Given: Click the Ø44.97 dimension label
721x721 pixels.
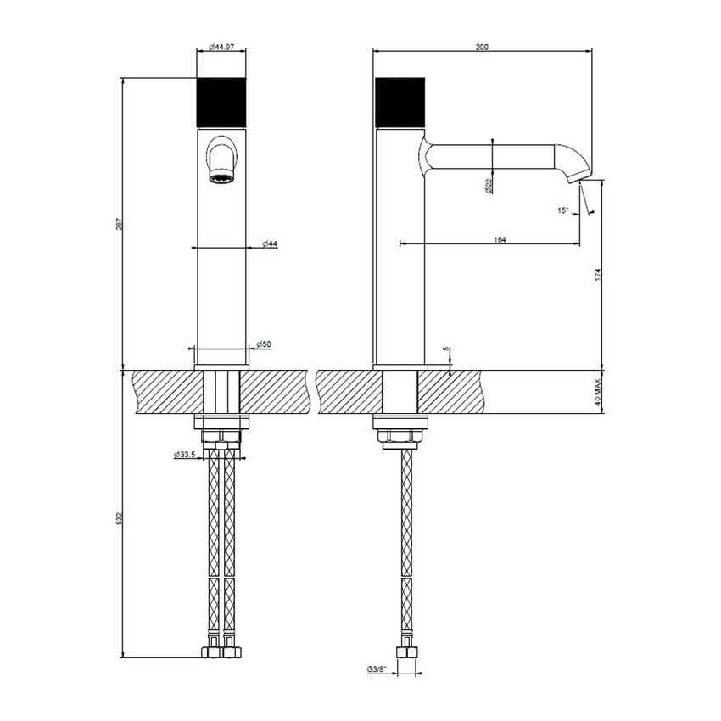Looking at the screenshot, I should [x=223, y=48].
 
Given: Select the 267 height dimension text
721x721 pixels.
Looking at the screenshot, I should [x=120, y=224].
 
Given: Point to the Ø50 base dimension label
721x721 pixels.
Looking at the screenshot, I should [x=263, y=344].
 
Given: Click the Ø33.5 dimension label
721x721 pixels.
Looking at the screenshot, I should [x=186, y=455].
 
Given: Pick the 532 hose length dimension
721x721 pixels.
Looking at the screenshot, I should [x=120, y=517].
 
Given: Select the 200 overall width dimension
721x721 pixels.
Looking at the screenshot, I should [x=482, y=48].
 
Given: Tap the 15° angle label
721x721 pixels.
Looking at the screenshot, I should [x=563, y=211].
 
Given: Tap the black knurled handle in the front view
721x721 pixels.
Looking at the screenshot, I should [x=221, y=103].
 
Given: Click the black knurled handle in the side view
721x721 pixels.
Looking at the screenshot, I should [x=400, y=103].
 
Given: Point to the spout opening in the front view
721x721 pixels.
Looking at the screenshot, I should [x=222, y=178].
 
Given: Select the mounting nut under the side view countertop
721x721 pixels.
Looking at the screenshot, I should [x=400, y=436].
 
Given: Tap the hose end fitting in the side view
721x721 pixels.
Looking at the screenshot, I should [x=408, y=657].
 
